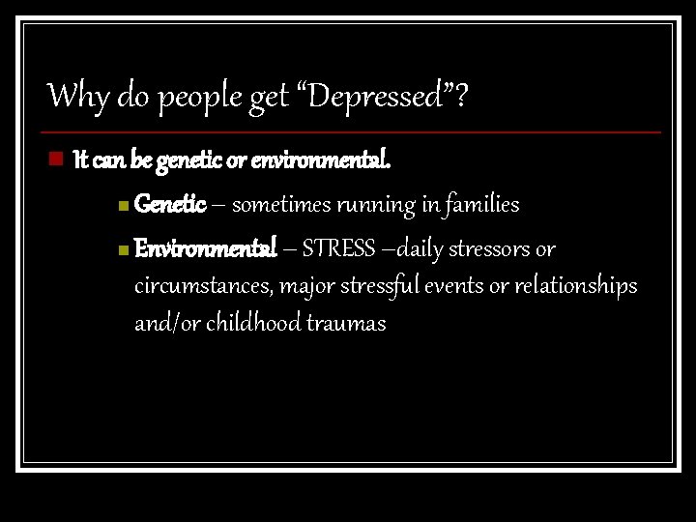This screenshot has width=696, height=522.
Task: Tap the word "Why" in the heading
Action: tap(71, 96)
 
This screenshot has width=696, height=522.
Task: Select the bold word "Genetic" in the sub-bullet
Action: tap(170, 204)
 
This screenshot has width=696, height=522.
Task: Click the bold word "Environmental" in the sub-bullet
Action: tap(206, 249)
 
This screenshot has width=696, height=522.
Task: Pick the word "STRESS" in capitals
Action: tap(338, 249)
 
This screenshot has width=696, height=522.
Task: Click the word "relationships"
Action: tap(578, 287)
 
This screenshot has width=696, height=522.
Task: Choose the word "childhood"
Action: tap(244, 323)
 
